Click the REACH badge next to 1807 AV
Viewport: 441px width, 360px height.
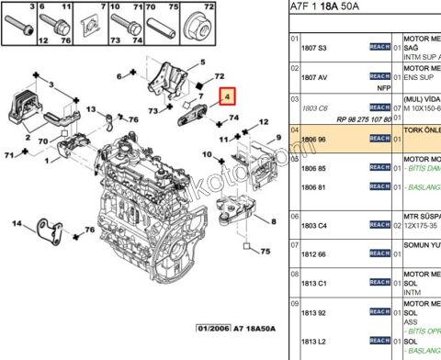379,75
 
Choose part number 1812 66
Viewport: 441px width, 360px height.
315,253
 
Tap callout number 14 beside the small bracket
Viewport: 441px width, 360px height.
16,223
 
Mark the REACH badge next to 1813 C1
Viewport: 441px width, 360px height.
379,284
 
